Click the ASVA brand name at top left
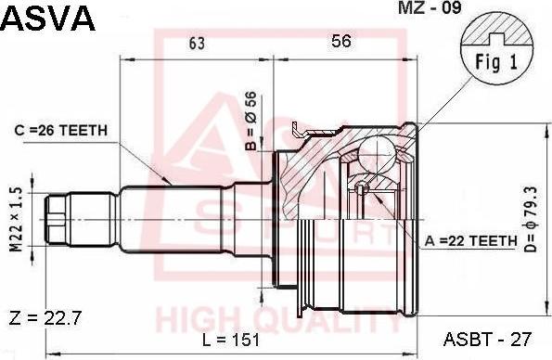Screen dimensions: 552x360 pyautogui.click(x=48, y=18)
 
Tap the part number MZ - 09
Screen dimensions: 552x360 pyautogui.click(x=430, y=7)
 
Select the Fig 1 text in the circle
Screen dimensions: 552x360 pyautogui.click(x=496, y=63)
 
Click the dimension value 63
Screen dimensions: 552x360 pyautogui.click(x=197, y=43)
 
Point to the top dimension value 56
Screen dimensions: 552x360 pyautogui.click(x=341, y=41)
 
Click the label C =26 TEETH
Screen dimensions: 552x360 pyautogui.click(x=61, y=131)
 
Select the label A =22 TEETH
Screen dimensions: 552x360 pyautogui.click(x=471, y=241)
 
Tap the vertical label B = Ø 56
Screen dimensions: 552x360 pyautogui.click(x=251, y=121)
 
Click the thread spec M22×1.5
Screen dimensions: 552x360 pyautogui.click(x=16, y=220)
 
